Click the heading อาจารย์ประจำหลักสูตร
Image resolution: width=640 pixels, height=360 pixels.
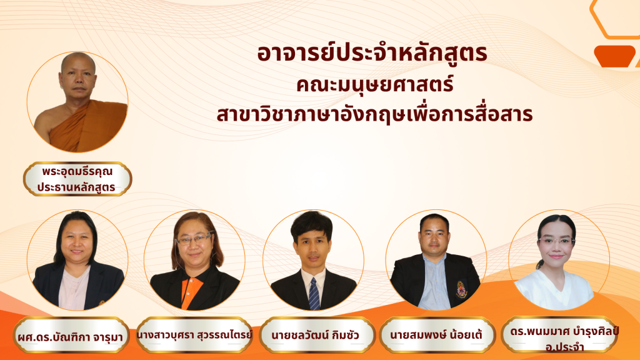(372, 54)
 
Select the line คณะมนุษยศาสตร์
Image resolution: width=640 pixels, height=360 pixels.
(375, 85)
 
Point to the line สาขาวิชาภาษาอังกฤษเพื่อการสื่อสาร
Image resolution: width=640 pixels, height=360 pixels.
(375, 114)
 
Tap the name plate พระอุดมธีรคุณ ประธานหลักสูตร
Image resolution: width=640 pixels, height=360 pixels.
(77, 179)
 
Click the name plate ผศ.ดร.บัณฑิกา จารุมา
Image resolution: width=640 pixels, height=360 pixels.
(71, 336)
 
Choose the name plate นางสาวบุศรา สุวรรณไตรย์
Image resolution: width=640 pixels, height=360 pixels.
(194, 335)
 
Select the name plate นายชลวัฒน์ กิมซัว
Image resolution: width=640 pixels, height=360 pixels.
(316, 335)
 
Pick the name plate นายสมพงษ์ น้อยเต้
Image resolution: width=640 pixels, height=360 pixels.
(437, 335)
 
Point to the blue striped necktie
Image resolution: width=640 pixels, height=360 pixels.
(314, 294)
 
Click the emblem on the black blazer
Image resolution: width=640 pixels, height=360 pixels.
(461, 289)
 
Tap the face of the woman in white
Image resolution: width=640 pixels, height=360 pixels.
(556, 244)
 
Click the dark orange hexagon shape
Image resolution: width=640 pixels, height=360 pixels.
(615, 56)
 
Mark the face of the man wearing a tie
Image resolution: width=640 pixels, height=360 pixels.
(312, 246)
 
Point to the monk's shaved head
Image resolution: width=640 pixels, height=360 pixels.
(78, 62)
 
